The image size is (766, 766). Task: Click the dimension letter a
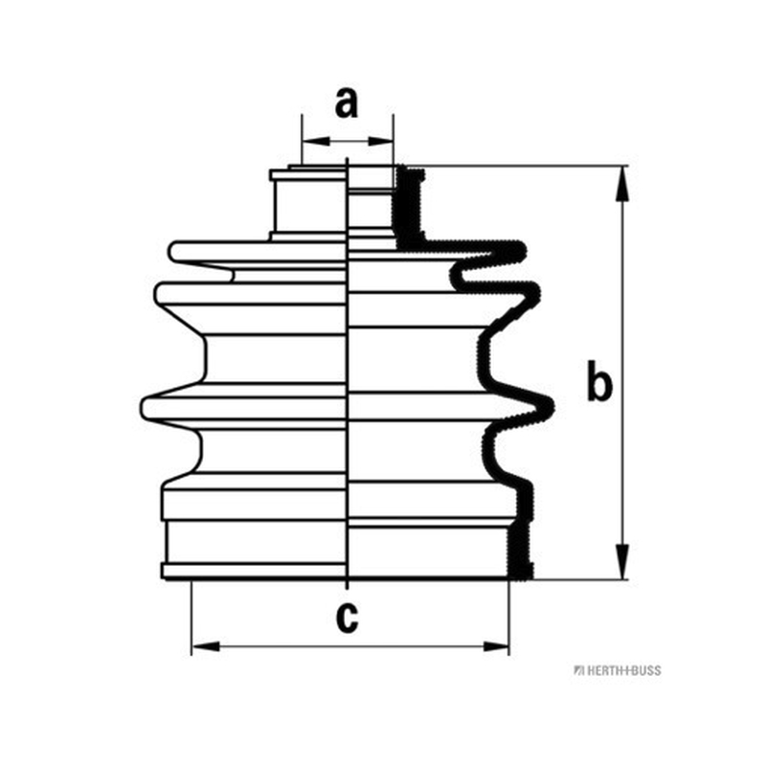click(347, 103)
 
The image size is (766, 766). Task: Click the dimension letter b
click(598, 380)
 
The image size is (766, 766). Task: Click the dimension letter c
click(348, 618)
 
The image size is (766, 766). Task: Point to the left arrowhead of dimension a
click(316, 142)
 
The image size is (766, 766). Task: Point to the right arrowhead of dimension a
click(380, 142)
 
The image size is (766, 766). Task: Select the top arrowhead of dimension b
click(621, 184)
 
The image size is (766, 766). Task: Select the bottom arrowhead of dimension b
click(621, 562)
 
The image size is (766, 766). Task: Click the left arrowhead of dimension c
click(206, 647)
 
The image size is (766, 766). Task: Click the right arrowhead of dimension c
click(496, 647)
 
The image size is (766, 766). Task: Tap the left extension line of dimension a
click(302, 140)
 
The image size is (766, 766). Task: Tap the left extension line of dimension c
click(191, 618)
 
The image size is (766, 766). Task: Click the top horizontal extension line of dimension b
click(516, 166)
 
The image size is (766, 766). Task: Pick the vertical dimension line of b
click(621, 372)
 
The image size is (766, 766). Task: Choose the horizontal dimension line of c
click(350, 647)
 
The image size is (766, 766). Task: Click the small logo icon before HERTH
click(579, 670)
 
